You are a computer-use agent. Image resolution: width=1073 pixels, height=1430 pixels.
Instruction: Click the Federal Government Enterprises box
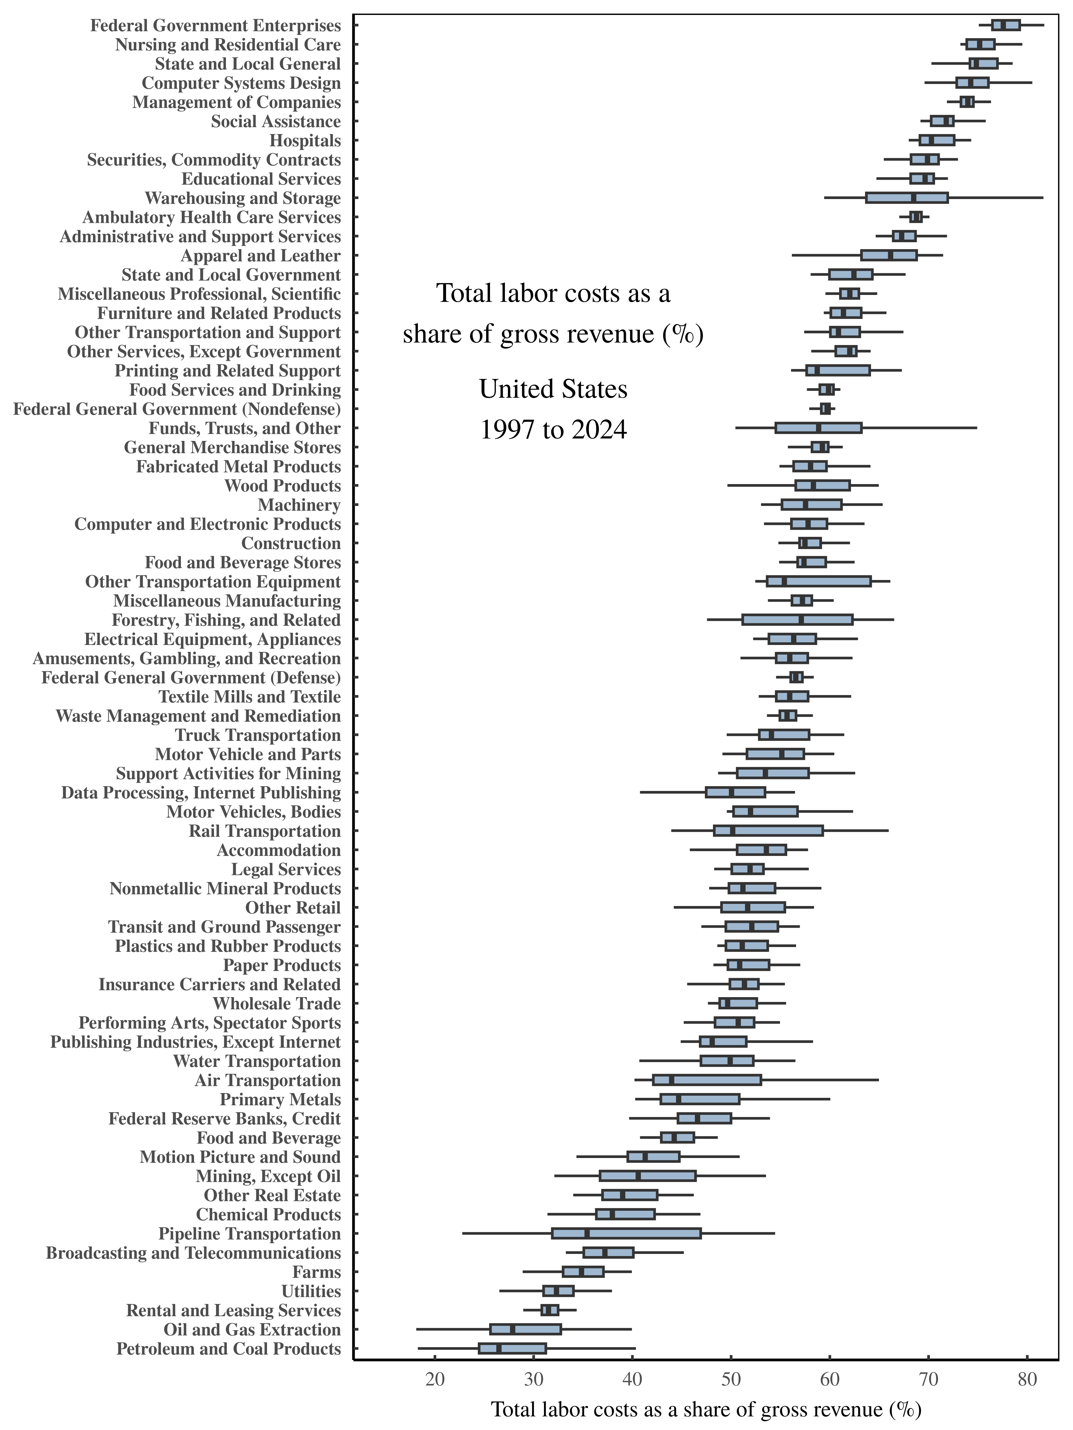tap(1006, 25)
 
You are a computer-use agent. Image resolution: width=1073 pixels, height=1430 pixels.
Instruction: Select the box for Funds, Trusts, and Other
tap(818, 428)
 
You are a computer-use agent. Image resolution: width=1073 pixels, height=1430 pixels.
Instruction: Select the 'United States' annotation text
tap(553, 389)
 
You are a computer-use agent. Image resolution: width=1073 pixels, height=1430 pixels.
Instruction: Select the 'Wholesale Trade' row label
tap(277, 1003)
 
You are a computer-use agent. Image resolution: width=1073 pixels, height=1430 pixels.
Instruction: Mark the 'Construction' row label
tap(291, 543)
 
